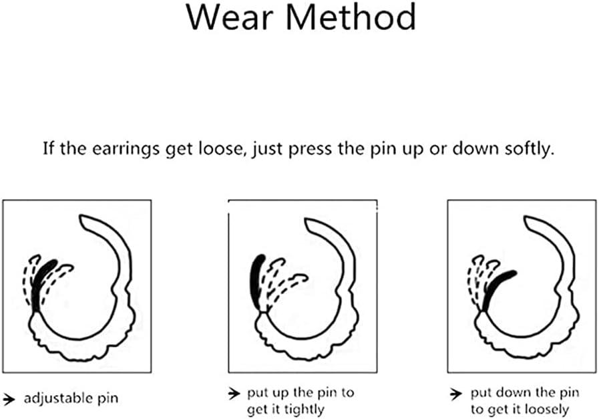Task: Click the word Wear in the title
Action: [230, 17]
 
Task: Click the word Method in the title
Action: [351, 17]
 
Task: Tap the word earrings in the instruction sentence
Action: [126, 149]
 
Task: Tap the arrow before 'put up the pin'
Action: [234, 394]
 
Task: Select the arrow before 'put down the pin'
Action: [455, 394]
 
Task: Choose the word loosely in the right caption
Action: [547, 410]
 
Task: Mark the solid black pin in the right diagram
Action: [496, 288]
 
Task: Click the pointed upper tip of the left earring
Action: [81, 217]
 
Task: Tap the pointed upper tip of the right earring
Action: [526, 218]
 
